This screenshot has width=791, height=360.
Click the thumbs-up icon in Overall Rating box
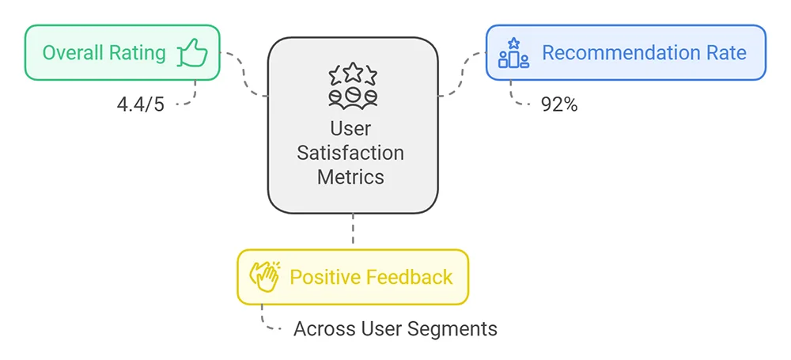click(x=191, y=53)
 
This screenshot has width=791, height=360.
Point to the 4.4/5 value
click(x=140, y=104)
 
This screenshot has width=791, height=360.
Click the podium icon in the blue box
click(x=513, y=53)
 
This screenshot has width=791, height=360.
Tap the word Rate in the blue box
click(x=725, y=53)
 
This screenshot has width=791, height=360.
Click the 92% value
click(x=559, y=104)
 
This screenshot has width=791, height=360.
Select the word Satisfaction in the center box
click(x=350, y=153)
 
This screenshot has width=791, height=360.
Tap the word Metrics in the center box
click(x=350, y=176)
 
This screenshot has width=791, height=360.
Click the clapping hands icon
click(x=264, y=277)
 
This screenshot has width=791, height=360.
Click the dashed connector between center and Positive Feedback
click(x=353, y=231)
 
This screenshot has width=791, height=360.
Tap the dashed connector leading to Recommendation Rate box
click(x=462, y=76)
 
